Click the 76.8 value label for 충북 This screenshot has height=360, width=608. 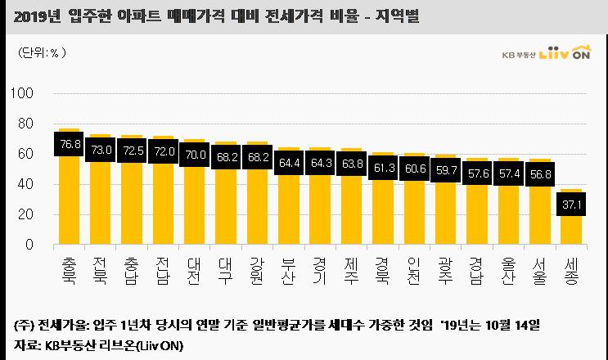pyautogui.click(x=69, y=144)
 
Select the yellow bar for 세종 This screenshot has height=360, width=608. pyautogui.click(x=571, y=217)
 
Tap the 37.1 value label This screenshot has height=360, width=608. pyautogui.click(x=571, y=205)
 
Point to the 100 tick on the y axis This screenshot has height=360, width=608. pyautogui.click(x=22, y=93)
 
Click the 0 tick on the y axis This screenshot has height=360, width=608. pyautogui.click(x=29, y=245)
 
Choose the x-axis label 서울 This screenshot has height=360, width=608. pyautogui.click(x=539, y=272)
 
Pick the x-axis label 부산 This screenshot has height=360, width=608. pyautogui.click(x=288, y=272)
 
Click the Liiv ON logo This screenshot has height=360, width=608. pyautogui.click(x=565, y=52)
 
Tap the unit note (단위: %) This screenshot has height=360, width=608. pyautogui.click(x=42, y=52)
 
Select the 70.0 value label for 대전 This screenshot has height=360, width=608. pyautogui.click(x=195, y=155)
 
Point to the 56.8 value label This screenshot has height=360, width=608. pyautogui.click(x=540, y=174)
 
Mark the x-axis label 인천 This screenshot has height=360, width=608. pyautogui.click(x=414, y=272)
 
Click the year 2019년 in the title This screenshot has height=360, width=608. pyautogui.click(x=37, y=16)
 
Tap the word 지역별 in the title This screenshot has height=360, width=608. pyautogui.click(x=397, y=16)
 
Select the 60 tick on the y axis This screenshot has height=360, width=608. pyautogui.click(x=25, y=154)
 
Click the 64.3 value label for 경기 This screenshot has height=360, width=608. pyautogui.click(x=320, y=163)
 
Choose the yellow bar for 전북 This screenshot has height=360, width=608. pyautogui.click(x=100, y=189)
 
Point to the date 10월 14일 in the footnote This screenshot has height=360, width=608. pyautogui.click(x=512, y=325)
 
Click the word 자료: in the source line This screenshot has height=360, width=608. pyautogui.click(x=27, y=345)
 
